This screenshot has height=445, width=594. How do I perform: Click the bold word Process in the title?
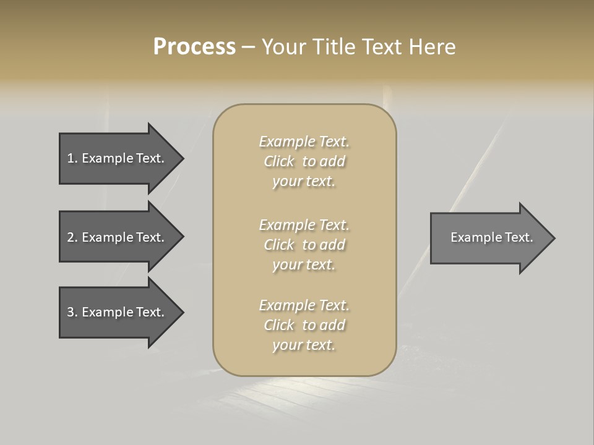coord(194,47)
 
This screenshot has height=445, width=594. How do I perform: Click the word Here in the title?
coord(431,47)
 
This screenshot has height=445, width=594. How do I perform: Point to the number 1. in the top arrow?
coord(72,158)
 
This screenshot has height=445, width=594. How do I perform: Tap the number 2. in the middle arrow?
coord(72,237)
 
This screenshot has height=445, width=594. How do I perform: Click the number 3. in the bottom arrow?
coord(72,312)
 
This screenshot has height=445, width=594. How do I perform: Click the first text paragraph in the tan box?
coord(304,161)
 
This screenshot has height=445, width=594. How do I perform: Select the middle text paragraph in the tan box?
coord(304,245)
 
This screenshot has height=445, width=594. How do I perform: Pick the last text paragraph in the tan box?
coord(304,325)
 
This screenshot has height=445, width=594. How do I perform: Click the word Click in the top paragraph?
coord(279,161)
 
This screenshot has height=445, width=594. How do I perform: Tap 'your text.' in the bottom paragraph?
coord(304,345)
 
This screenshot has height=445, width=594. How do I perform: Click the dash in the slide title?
coord(248,47)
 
